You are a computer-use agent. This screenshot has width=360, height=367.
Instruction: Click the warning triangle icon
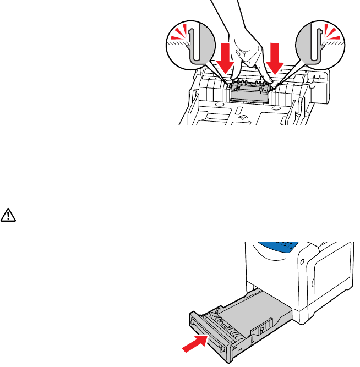point(9,213)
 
